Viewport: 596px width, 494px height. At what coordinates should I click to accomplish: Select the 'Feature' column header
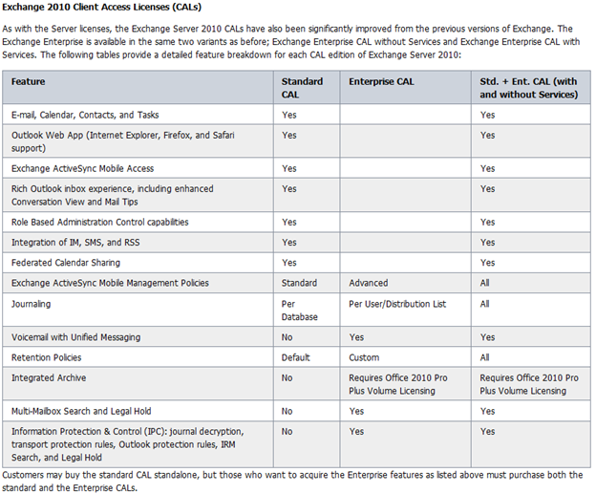pyautogui.click(x=28, y=82)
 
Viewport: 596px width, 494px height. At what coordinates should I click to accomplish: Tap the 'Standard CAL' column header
pyautogui.click(x=302, y=88)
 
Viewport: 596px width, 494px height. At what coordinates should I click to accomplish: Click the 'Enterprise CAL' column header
pyautogui.click(x=379, y=82)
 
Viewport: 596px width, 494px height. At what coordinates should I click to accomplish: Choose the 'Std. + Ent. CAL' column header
pyautogui.click(x=528, y=88)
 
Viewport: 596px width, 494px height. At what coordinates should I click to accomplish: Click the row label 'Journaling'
pyautogui.click(x=32, y=304)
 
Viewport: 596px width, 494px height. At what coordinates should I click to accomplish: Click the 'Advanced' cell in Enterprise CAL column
pyautogui.click(x=369, y=283)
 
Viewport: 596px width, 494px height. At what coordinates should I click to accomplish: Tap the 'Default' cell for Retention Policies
pyautogui.click(x=296, y=357)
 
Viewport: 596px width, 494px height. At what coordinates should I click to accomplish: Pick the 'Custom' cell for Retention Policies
pyautogui.click(x=365, y=357)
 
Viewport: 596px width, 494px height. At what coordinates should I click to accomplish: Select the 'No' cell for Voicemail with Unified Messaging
pyautogui.click(x=287, y=337)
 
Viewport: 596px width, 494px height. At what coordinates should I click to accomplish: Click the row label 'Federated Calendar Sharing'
pyautogui.click(x=68, y=262)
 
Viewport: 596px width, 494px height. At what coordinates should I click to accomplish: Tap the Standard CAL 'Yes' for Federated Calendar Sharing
pyautogui.click(x=289, y=262)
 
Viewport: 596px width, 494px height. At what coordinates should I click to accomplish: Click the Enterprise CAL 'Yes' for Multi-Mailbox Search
pyautogui.click(x=357, y=411)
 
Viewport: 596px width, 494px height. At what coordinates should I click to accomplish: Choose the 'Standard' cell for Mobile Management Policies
pyautogui.click(x=300, y=283)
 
